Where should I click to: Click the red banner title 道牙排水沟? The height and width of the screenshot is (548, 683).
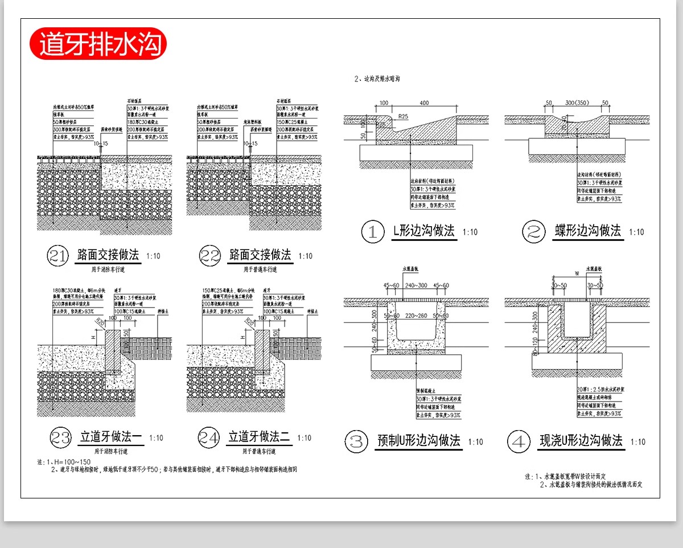tap(97, 43)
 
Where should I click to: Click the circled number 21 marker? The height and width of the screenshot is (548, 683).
tap(58, 256)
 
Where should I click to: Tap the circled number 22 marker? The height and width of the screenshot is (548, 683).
tap(210, 256)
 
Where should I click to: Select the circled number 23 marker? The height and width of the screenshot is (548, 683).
tap(61, 437)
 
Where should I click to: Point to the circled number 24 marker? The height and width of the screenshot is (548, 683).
tap(209, 437)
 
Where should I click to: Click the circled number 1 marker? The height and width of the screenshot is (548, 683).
tap(373, 232)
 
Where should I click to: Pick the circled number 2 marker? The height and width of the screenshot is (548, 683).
tap(534, 232)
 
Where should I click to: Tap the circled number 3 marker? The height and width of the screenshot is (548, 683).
tap(356, 441)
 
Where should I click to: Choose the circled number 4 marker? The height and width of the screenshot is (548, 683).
tap(519, 441)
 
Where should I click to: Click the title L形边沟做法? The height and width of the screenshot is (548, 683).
tap(423, 231)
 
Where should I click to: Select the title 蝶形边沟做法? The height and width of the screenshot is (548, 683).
tap(587, 231)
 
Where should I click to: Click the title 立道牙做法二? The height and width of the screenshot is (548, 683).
tap(260, 437)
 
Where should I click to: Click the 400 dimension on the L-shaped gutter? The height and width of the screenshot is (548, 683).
tap(424, 103)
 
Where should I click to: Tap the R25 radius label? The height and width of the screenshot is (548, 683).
tap(403, 116)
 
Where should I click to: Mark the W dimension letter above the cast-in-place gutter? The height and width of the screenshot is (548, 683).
tap(577, 273)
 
